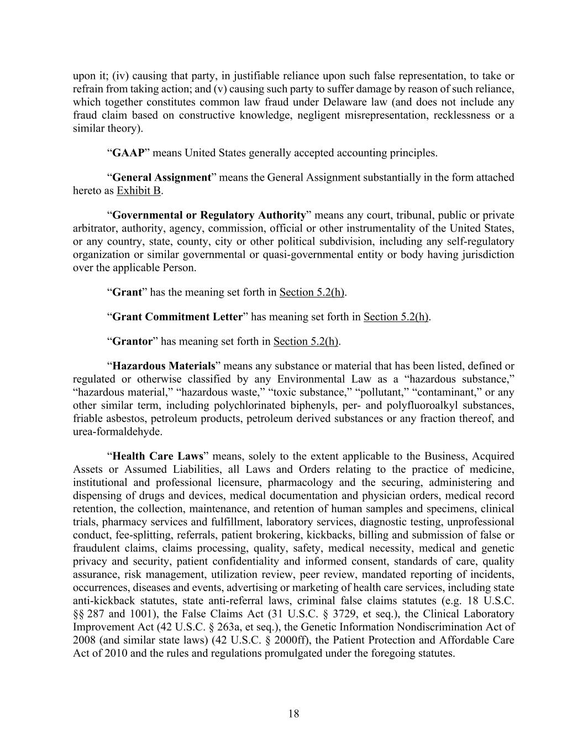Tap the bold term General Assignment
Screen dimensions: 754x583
pos(161,178)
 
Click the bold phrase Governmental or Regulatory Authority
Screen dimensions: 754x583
pos(209,215)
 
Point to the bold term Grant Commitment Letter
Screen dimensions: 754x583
pos(177,317)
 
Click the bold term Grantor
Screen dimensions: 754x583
pos(132,341)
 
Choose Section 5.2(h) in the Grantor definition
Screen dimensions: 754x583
pos(306,341)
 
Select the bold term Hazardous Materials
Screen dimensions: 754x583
pos(164,366)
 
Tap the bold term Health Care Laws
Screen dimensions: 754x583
pos(158,456)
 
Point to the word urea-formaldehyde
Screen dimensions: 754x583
pos(118,432)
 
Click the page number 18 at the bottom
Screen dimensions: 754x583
pos(293,714)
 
